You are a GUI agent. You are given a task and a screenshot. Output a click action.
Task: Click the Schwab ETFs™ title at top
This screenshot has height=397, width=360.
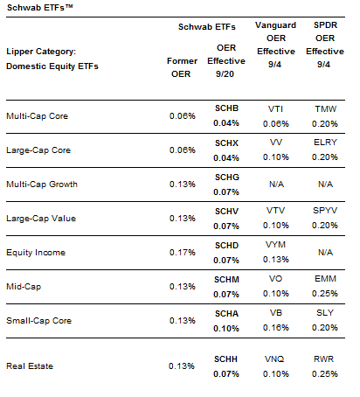(39, 7)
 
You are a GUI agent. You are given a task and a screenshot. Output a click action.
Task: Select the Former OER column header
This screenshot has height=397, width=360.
(182, 67)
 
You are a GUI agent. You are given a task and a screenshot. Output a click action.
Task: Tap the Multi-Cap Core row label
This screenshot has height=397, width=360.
(38, 116)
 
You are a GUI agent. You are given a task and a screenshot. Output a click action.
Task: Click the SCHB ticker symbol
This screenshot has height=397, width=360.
(226, 108)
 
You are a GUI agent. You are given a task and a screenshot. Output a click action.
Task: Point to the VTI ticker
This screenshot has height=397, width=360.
(275, 109)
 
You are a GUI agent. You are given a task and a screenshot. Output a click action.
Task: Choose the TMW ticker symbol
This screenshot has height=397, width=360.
(325, 109)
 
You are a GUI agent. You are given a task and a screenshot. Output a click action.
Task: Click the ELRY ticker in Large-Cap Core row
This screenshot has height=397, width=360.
(325, 143)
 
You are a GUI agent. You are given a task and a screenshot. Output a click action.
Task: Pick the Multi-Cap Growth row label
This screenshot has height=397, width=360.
(42, 185)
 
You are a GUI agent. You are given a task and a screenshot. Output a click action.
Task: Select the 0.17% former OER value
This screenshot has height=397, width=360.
(183, 253)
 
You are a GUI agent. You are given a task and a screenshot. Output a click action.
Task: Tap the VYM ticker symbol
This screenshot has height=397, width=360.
(275, 245)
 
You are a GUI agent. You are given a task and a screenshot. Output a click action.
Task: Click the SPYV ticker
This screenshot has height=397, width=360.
(325, 211)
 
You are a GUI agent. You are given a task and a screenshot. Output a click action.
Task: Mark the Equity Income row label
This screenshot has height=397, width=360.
(36, 253)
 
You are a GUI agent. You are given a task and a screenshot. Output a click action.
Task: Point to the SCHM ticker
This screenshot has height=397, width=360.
(226, 280)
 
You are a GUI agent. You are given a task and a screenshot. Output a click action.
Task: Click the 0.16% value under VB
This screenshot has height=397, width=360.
(276, 328)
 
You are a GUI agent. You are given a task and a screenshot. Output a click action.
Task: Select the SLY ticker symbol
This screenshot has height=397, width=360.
(325, 313)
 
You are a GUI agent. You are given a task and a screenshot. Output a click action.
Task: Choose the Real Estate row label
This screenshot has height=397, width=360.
(30, 366)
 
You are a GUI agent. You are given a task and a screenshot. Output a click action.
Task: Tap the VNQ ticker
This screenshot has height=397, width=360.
(274, 359)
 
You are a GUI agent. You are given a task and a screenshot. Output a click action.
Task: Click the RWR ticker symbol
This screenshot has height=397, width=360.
(323, 359)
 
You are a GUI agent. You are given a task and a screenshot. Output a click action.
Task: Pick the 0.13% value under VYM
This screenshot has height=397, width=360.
(276, 260)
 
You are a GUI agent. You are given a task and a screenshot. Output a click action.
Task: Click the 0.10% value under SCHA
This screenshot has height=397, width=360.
(226, 329)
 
